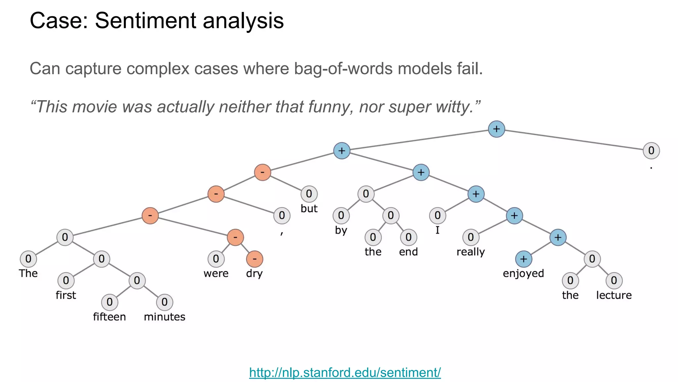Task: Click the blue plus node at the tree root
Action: click(496, 129)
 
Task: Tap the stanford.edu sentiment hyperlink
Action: click(345, 372)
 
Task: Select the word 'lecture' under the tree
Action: click(614, 295)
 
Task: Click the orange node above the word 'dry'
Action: click(255, 259)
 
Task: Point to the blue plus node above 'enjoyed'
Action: click(523, 259)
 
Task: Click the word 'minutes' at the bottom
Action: click(164, 317)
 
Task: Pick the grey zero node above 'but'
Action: click(309, 194)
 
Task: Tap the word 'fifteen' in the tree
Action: click(109, 317)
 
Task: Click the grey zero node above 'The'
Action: click(28, 259)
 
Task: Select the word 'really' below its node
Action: click(470, 252)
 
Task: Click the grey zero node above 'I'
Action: click(437, 216)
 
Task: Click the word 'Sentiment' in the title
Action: click(146, 21)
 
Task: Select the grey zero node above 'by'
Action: click(341, 216)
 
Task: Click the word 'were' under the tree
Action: click(216, 274)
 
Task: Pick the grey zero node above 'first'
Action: click(66, 281)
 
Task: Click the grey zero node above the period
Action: click(651, 151)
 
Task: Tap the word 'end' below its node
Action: click(408, 252)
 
